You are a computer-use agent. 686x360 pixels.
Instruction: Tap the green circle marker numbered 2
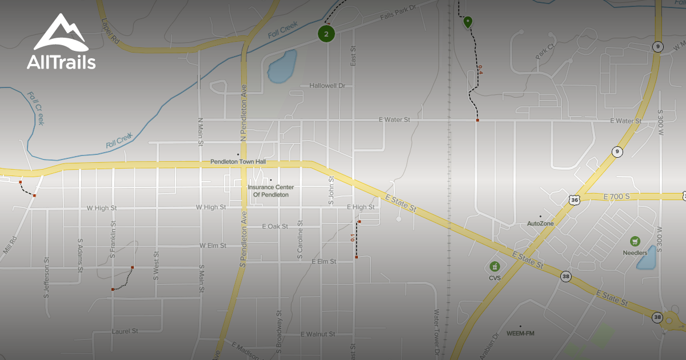pyautogui.click(x=326, y=34)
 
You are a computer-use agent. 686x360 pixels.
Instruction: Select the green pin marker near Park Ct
pyautogui.click(x=468, y=22)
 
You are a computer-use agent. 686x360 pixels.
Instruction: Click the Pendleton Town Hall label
pyautogui.click(x=238, y=162)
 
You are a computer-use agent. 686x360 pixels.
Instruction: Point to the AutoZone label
pyautogui.click(x=540, y=223)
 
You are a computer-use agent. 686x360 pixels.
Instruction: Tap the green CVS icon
pyautogui.click(x=494, y=267)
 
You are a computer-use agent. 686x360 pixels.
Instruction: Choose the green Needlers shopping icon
pyautogui.click(x=635, y=242)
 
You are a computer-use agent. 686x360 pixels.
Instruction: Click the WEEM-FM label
pyautogui.click(x=520, y=333)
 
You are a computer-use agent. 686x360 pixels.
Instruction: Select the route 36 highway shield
pyautogui.click(x=574, y=199)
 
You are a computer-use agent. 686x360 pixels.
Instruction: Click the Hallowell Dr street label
pyautogui.click(x=328, y=86)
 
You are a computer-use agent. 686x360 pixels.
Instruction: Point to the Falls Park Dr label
pyautogui.click(x=400, y=13)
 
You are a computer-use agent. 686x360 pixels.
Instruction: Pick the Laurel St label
pyautogui.click(x=125, y=331)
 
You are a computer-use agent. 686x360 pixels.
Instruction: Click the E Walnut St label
pyautogui.click(x=318, y=334)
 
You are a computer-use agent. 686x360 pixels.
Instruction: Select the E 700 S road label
pyautogui.click(x=616, y=197)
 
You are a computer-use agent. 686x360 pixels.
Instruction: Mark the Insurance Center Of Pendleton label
pyautogui.click(x=270, y=191)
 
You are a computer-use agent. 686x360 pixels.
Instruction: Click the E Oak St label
pyautogui.click(x=275, y=227)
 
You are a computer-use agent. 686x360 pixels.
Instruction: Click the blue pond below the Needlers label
pyautogui.click(x=647, y=261)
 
